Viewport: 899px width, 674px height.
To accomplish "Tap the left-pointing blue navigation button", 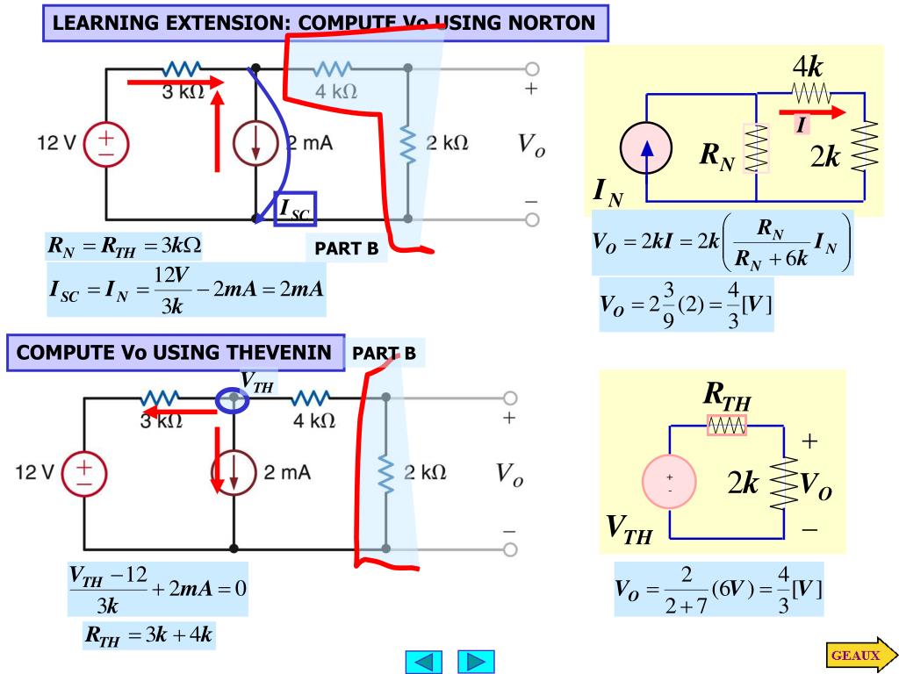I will [422, 662].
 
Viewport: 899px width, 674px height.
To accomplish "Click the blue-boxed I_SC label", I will [294, 209].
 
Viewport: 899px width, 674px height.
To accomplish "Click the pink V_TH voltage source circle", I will [670, 482].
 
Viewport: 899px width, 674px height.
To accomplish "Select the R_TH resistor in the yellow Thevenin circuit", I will [727, 426].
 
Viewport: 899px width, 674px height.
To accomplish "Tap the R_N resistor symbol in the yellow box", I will [756, 147].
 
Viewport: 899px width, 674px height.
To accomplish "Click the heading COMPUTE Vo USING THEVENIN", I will [175, 354].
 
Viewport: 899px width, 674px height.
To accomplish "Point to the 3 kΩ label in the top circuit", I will [183, 91].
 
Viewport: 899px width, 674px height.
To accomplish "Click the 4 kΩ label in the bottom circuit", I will [314, 421].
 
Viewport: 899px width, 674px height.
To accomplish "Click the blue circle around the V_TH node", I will [233, 400].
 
